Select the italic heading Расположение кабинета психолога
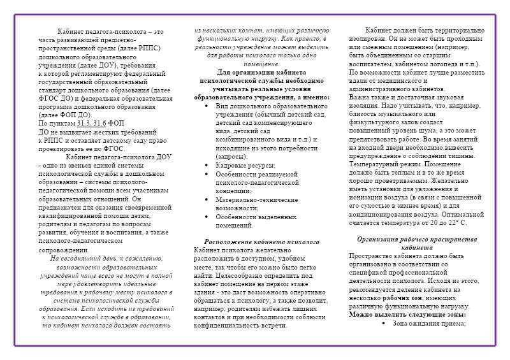pyautogui.click(x=261, y=241)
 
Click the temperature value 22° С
pyautogui.click(x=456, y=223)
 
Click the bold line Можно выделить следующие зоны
pyautogui.click(x=407, y=314)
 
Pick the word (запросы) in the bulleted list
pyautogui.click(x=232, y=155)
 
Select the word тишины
pyautogui.click(x=461, y=154)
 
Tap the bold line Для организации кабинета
pyautogui.click(x=261, y=73)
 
